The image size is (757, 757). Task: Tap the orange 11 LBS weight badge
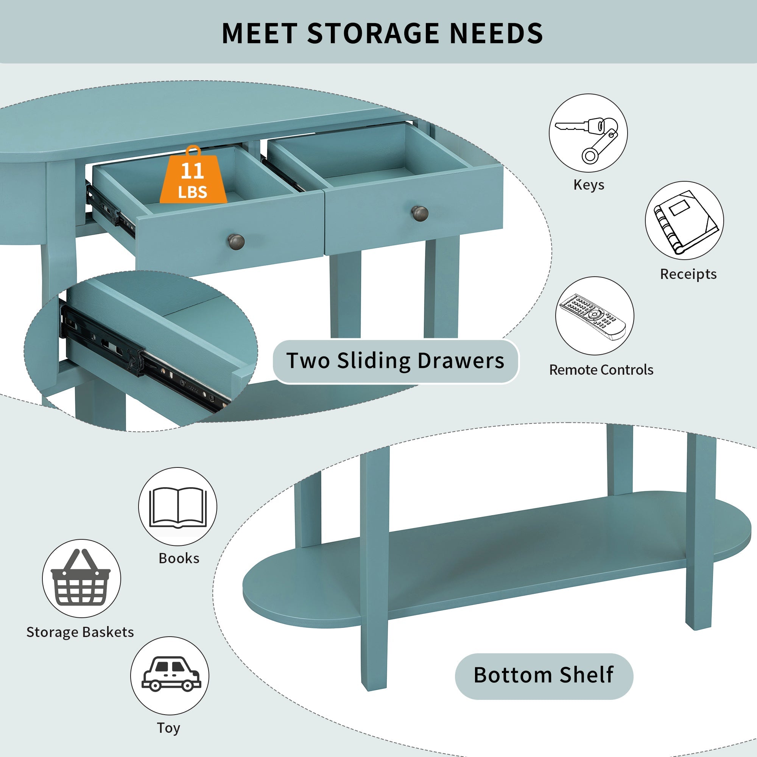[x=193, y=175]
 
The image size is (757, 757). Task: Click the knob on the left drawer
[x=236, y=241]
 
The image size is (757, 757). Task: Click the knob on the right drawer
[x=420, y=213]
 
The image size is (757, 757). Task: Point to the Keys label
[x=589, y=185]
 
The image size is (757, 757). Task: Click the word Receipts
[x=688, y=274]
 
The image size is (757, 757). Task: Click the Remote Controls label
[x=601, y=370]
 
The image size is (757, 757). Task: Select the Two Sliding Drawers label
[x=396, y=361]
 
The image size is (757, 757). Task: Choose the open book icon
[x=178, y=508]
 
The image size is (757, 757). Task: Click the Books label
[x=179, y=558]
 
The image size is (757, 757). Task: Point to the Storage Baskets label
[x=80, y=632]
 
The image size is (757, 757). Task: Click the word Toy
[x=168, y=727]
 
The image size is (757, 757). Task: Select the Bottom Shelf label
[x=544, y=675]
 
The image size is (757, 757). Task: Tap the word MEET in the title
[x=259, y=33]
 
